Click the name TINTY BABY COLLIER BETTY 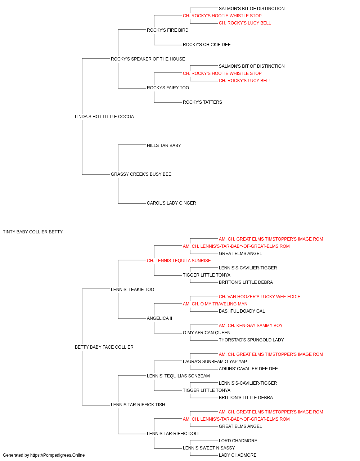(x=33, y=232)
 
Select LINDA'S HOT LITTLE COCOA (x=104, y=117)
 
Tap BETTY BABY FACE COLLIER (x=104, y=347)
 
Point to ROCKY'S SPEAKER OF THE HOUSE (x=148, y=59)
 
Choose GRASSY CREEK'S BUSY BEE (x=141, y=174)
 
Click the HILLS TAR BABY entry (x=164, y=145)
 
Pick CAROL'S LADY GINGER (x=171, y=203)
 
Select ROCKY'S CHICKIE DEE (x=207, y=45)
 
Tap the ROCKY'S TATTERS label (x=202, y=102)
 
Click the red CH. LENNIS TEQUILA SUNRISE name (x=179, y=261)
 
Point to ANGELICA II (x=159, y=318)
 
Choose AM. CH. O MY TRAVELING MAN (x=215, y=304)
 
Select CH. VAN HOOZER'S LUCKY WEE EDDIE (x=260, y=297)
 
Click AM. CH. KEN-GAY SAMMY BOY (x=251, y=326)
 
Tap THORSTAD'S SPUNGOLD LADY (x=251, y=340)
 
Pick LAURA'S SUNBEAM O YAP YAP (x=215, y=362)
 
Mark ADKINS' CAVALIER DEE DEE (x=248, y=369)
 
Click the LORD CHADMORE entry (x=238, y=440)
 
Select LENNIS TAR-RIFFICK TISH (x=138, y=405)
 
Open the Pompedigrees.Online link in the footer (x=57, y=455)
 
